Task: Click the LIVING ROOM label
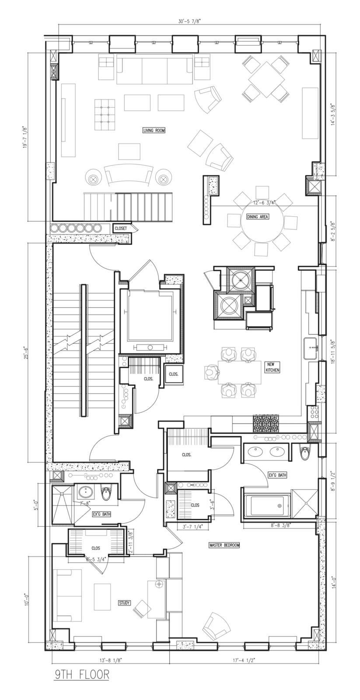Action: tap(154, 130)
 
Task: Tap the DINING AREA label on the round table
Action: tap(258, 217)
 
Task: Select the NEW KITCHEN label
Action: tap(272, 367)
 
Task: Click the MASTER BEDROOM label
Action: tap(224, 545)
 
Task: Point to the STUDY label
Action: tap(124, 603)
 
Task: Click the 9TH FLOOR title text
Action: tap(82, 675)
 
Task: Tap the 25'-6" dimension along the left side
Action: tap(26, 351)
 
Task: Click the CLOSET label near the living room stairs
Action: tap(121, 228)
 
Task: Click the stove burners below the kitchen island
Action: tap(266, 424)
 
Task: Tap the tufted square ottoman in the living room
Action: tap(105, 114)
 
